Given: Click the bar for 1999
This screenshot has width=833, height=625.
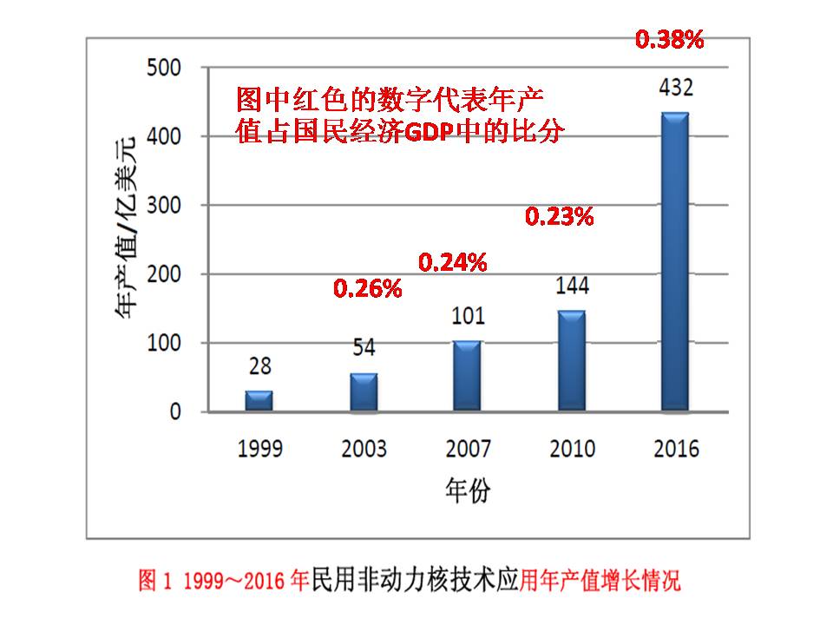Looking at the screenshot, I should [259, 400].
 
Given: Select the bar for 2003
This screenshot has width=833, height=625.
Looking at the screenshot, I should [364, 391].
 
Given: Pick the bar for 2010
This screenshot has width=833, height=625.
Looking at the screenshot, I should [571, 360].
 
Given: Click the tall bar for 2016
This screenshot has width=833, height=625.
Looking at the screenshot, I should [675, 261].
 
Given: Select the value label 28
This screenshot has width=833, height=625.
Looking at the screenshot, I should [259, 367].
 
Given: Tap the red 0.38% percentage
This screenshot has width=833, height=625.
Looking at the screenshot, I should [669, 39].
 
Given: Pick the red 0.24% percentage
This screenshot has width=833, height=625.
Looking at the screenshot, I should [453, 261].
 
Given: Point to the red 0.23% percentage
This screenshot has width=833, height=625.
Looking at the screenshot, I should [560, 217].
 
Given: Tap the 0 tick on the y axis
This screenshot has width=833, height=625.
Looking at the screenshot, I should [175, 411].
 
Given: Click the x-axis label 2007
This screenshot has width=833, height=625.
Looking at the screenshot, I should [468, 448].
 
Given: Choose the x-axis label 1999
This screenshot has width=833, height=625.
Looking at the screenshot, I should [259, 448].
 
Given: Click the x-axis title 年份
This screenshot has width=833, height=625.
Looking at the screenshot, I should [468, 490].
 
